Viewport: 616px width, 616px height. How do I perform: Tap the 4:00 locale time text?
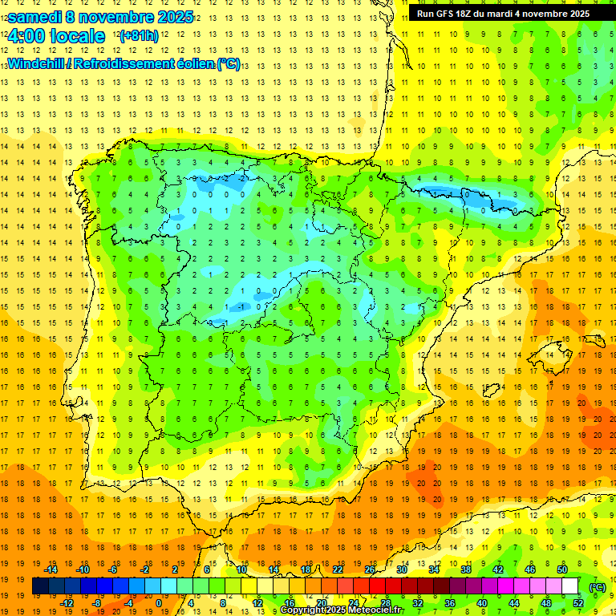coord(56,36)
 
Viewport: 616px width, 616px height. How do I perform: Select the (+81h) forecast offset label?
coord(138,36)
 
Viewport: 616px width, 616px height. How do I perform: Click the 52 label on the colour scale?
coord(578,603)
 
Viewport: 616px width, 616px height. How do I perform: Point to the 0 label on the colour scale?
coord(158,603)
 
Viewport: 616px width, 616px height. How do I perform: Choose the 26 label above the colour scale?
coord(370,569)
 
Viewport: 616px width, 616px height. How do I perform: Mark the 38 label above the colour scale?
coord(465,569)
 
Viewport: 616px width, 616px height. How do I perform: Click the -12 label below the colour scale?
coord(67,603)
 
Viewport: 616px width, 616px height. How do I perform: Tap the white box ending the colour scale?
coord(569,586)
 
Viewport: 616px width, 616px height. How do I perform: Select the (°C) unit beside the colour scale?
coord(597,587)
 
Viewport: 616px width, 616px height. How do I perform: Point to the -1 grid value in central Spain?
coord(241,307)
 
